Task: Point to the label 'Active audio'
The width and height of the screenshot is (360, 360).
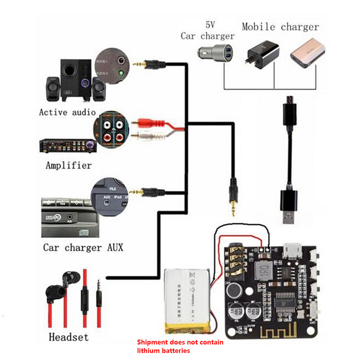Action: (x=67, y=112)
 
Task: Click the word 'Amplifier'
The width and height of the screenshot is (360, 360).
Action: (x=68, y=165)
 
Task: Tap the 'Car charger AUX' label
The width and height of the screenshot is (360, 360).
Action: (x=83, y=247)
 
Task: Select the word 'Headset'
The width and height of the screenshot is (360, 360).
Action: (x=68, y=337)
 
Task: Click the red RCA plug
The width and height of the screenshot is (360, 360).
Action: (x=144, y=122)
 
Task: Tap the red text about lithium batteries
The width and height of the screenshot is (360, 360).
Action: (x=180, y=346)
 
